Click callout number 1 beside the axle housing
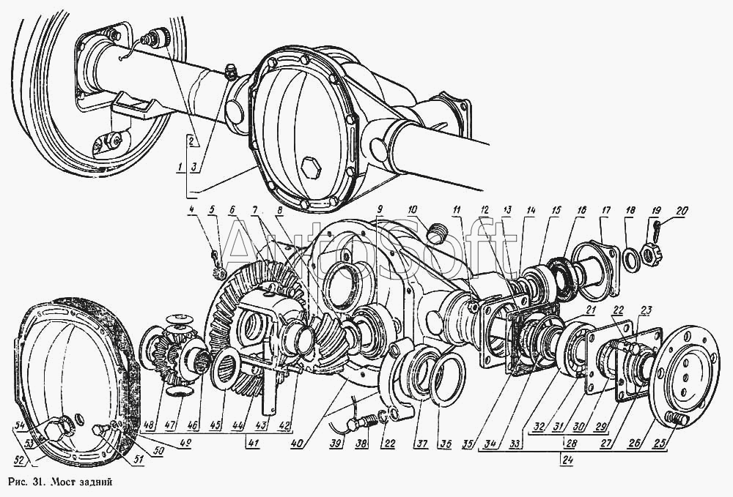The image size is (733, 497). tap(180, 168)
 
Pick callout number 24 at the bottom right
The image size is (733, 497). tap(565, 460)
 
